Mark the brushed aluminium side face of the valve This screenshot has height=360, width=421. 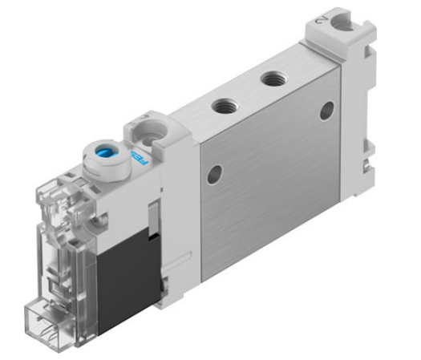(x=273, y=192)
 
